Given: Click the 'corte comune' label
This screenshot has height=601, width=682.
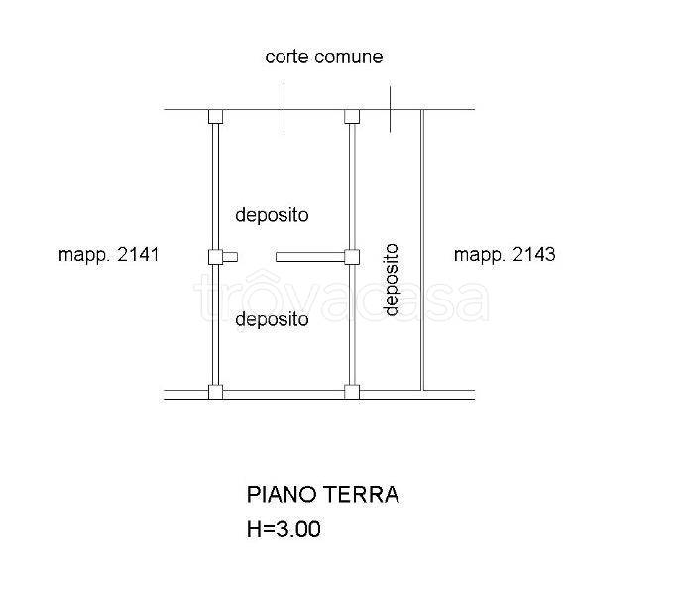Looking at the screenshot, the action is (x=323, y=57).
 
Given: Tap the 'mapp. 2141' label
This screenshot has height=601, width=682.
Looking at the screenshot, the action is (x=109, y=255).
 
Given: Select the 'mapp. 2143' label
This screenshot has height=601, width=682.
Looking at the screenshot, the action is (x=505, y=255).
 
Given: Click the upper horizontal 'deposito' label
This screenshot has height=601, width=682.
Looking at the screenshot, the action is (x=272, y=216).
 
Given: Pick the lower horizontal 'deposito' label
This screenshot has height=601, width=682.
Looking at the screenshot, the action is (x=272, y=320).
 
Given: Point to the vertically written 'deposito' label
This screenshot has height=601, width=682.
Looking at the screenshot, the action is (x=391, y=280).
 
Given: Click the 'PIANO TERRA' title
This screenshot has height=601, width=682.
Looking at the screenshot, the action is (x=323, y=495).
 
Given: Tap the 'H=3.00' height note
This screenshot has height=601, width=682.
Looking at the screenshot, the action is (x=284, y=529).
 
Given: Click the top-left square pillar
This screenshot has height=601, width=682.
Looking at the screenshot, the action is (x=215, y=117).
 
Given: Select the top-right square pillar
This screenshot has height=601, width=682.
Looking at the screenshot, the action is (x=352, y=117).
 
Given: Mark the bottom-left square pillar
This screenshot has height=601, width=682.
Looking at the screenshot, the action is (x=215, y=392).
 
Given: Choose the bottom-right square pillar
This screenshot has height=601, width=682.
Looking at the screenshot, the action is (x=352, y=392).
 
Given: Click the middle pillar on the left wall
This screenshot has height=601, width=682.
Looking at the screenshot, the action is (x=215, y=257).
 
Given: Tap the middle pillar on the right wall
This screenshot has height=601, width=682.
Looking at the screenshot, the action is (x=352, y=257).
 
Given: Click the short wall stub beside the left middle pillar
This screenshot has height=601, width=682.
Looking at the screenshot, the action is (x=230, y=257).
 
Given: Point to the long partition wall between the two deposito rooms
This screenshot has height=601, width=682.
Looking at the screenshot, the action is (x=310, y=257).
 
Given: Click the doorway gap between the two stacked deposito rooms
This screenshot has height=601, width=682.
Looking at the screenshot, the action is (x=257, y=257).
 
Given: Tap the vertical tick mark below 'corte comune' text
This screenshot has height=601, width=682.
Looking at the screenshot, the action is (x=284, y=109).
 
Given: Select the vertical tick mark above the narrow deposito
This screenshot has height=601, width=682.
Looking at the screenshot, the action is (x=390, y=109).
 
